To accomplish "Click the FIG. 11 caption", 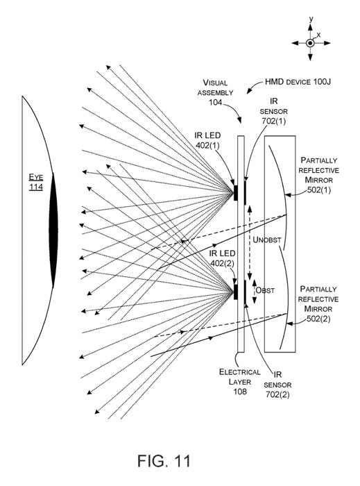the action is [x=164, y=461].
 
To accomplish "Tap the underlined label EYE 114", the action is [x=36, y=182].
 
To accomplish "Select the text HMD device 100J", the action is [x=298, y=82].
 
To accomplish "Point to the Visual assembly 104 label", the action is [x=216, y=92].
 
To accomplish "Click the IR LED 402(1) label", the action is [x=207, y=140].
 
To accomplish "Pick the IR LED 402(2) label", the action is [x=222, y=258].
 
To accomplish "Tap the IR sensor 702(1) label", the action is [x=274, y=111].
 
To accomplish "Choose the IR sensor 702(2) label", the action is [x=277, y=385].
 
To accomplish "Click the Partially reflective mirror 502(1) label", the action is [x=318, y=175].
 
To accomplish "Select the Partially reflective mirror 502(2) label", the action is [x=318, y=304].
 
